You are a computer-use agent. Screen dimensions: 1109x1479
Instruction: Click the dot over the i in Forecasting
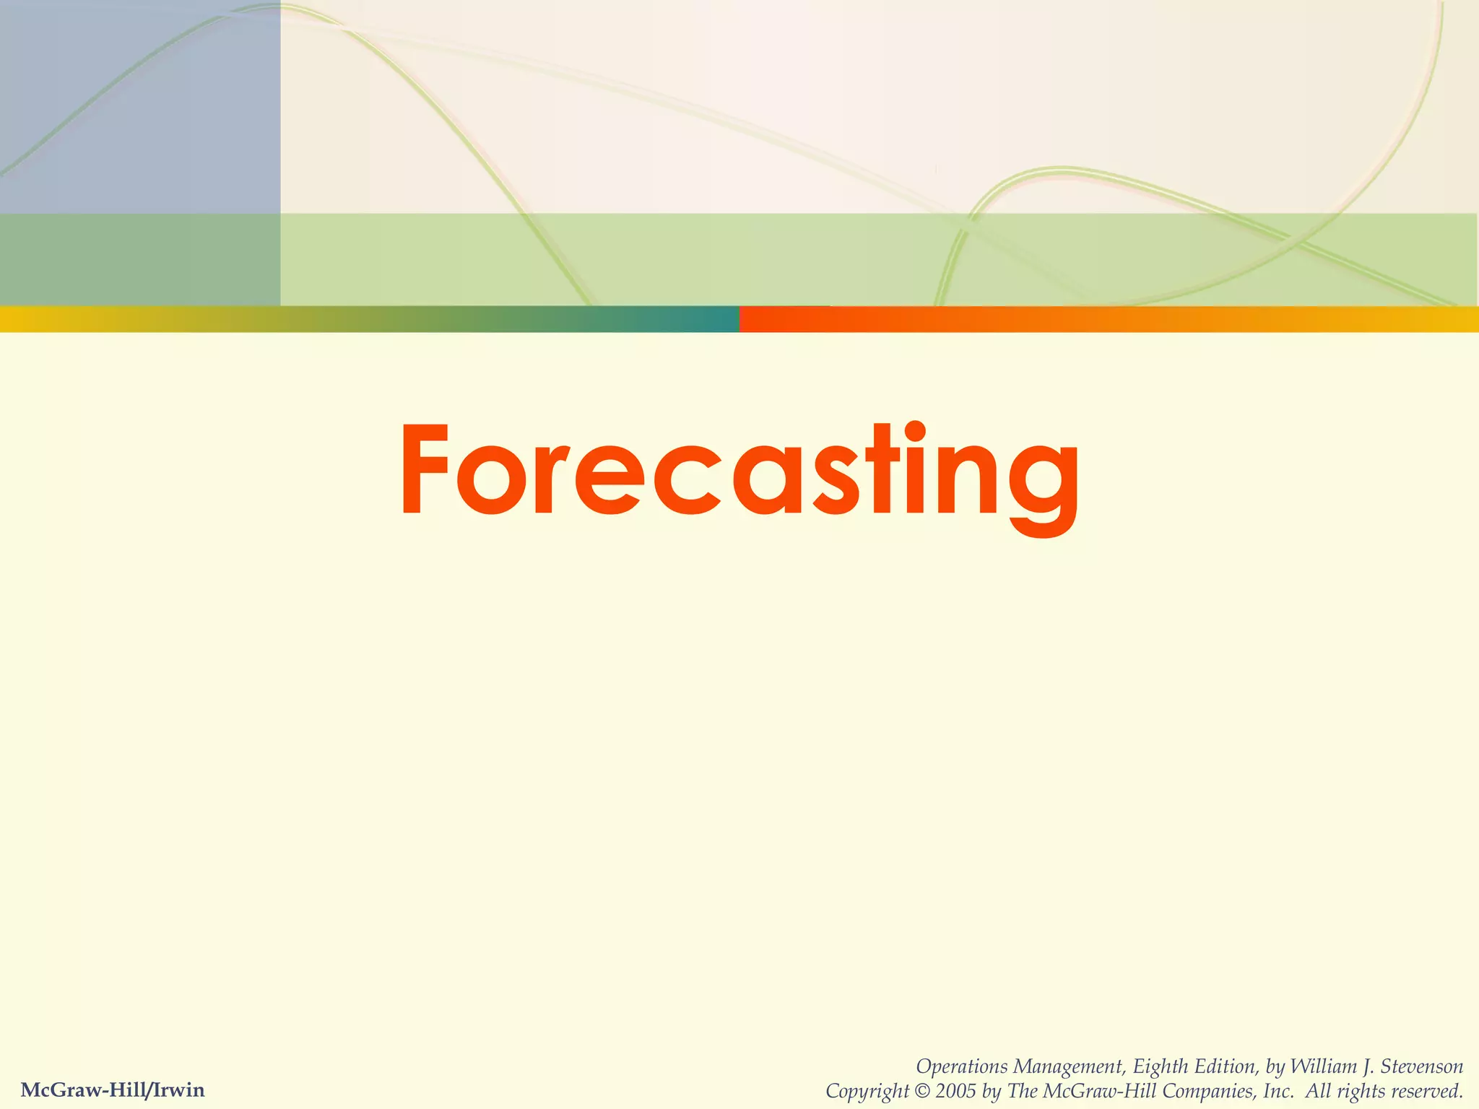pos(914,431)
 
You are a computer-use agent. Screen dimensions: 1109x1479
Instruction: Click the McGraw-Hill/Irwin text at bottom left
pos(113,1090)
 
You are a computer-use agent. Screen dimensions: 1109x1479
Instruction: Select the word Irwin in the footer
pos(178,1090)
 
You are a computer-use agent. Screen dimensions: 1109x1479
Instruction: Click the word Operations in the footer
pos(961,1066)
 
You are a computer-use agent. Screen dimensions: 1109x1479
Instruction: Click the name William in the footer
pos(1323,1066)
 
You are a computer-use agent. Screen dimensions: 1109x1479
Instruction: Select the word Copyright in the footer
pos(867,1091)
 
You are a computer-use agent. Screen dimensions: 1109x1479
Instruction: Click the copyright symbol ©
pos(922,1091)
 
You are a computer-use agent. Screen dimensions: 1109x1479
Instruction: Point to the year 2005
pos(957,1091)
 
